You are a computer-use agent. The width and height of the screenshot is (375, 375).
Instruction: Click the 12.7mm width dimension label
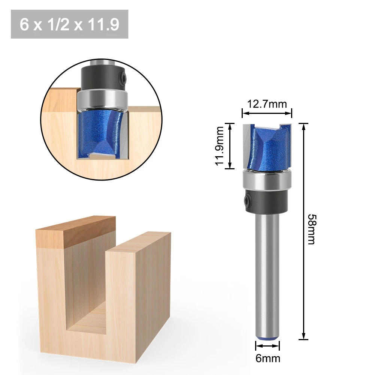pyautogui.click(x=266, y=104)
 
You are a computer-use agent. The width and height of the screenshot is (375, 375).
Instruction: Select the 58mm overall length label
pyautogui.click(x=311, y=229)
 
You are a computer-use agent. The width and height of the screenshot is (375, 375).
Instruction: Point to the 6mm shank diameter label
pyautogui.click(x=267, y=358)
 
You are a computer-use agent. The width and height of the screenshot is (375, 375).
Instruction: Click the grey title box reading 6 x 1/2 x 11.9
pyautogui.click(x=70, y=24)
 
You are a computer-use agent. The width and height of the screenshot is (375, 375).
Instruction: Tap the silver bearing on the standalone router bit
pyautogui.click(x=266, y=180)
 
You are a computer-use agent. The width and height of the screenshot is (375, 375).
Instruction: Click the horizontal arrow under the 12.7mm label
pyautogui.click(x=266, y=112)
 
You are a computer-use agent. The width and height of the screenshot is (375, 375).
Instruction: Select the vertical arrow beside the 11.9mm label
pyautogui.click(x=230, y=146)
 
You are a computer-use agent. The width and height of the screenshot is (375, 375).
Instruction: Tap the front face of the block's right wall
pyautogui.click(x=137, y=296)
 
